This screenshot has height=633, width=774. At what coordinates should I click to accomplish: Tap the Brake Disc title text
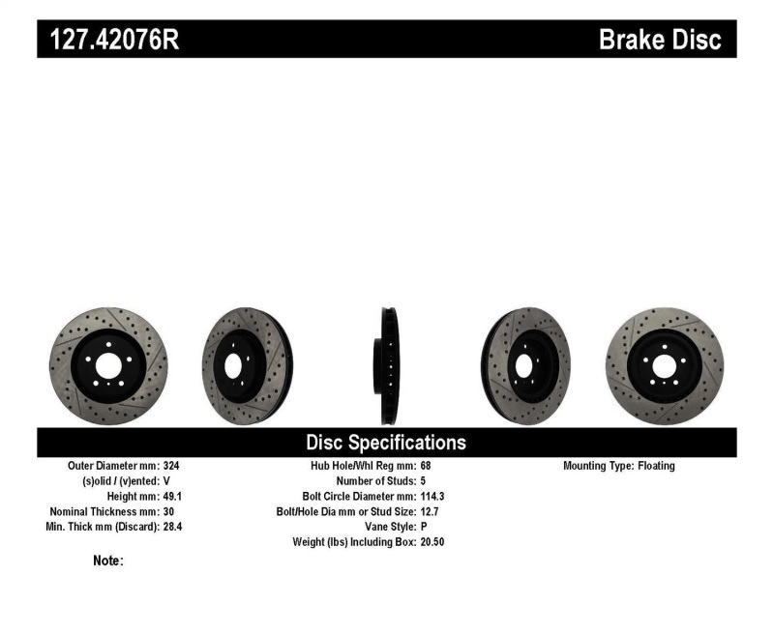(x=660, y=40)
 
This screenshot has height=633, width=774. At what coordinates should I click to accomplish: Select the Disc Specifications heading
(x=386, y=443)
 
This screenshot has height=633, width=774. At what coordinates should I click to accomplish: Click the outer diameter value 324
(x=170, y=466)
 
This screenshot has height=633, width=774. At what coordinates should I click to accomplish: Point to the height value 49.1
(x=172, y=496)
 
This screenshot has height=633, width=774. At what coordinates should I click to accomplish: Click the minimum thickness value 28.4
(x=172, y=527)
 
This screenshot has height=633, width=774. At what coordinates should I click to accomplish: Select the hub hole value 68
(x=426, y=466)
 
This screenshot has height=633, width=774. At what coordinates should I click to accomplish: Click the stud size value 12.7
(x=431, y=511)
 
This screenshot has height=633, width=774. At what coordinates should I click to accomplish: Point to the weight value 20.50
(x=432, y=542)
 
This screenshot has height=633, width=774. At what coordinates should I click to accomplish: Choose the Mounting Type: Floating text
(x=619, y=466)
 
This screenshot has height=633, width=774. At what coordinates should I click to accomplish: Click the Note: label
(x=108, y=561)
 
